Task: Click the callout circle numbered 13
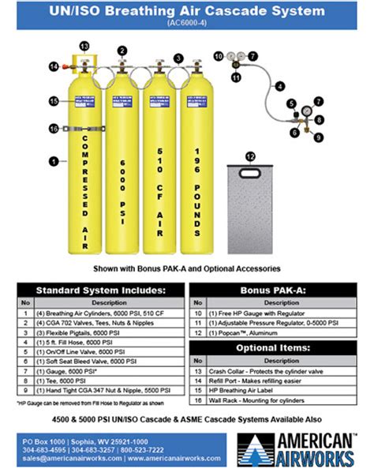click(84, 47)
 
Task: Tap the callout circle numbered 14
click(54, 66)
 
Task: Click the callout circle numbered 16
click(54, 128)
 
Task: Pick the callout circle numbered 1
click(54, 161)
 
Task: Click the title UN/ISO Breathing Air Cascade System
click(187, 11)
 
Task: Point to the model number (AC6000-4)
click(187, 23)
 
